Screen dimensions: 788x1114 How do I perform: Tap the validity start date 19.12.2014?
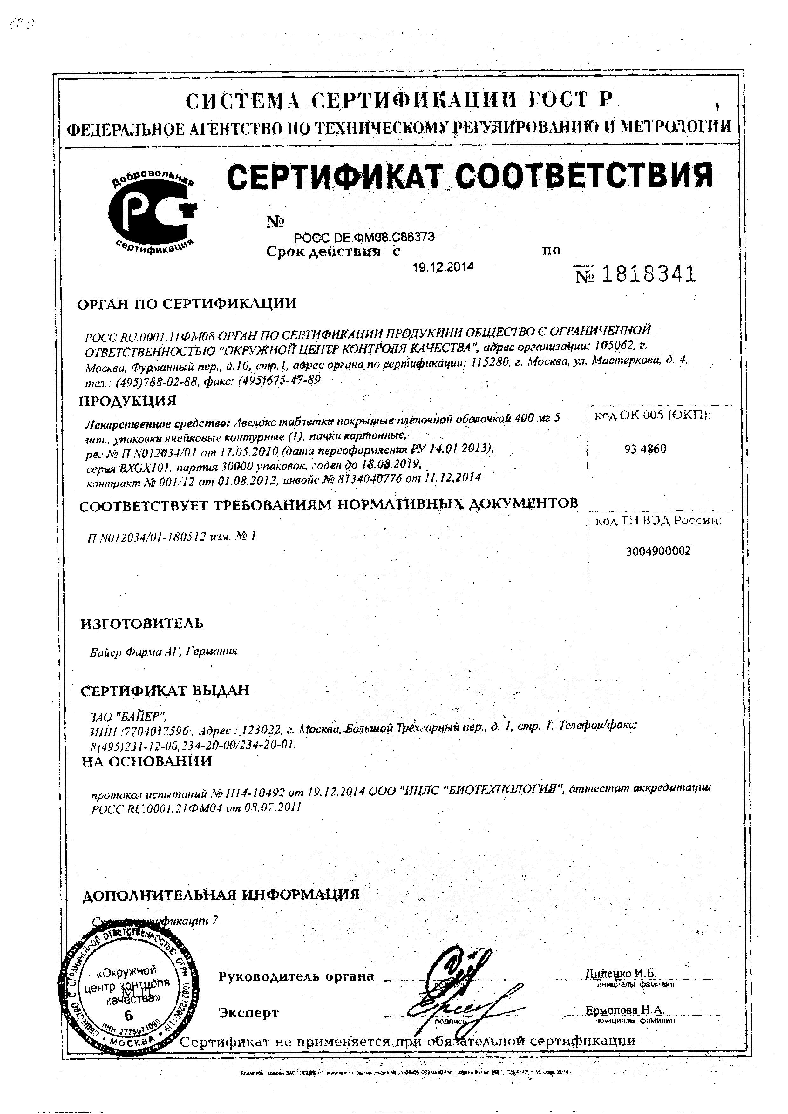click(443, 267)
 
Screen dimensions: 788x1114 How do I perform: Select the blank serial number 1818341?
click(635, 275)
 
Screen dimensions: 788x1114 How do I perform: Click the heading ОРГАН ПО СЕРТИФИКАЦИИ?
click(187, 304)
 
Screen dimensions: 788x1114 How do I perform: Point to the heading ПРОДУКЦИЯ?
click(128, 401)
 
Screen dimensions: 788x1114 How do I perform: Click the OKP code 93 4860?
click(645, 449)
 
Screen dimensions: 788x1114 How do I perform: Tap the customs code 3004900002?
click(658, 551)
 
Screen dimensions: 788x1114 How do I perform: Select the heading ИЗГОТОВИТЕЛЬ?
click(142, 623)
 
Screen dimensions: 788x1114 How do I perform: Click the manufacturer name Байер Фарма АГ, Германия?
click(164, 651)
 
